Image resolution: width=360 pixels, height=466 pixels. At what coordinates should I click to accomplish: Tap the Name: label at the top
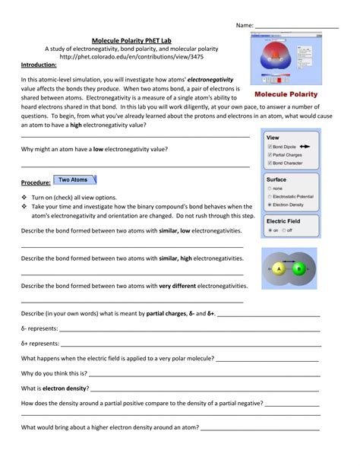tap(244, 25)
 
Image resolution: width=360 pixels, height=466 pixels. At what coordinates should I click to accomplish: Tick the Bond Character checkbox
tap(270, 163)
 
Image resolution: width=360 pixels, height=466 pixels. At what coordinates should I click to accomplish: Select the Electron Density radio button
tap(270, 205)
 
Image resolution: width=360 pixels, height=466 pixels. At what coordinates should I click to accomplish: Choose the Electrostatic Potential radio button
tap(270, 196)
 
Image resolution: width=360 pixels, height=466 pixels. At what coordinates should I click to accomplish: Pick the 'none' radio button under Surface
tap(270, 188)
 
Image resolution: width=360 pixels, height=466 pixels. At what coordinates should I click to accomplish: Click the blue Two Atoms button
tap(74, 180)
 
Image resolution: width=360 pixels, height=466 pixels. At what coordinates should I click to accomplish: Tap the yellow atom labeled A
tap(279, 268)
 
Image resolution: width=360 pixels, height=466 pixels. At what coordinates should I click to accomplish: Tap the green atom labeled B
tap(300, 268)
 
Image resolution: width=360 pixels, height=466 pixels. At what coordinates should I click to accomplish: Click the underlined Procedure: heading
tap(36, 183)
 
